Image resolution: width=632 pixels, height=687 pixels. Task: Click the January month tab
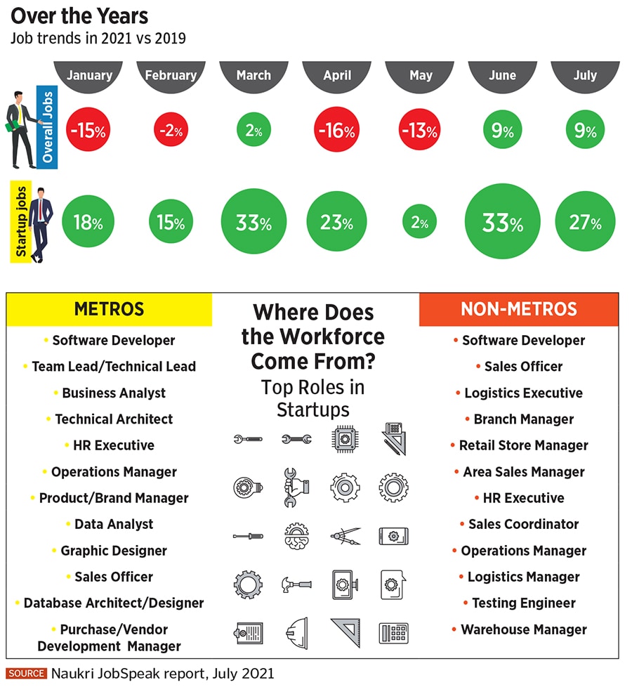[88, 75]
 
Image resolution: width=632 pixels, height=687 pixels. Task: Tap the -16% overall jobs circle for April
[337, 130]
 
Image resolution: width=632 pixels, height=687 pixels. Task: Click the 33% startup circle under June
[502, 223]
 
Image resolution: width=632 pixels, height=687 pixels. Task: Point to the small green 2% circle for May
[420, 223]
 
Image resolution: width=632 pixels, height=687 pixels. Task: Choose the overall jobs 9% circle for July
[585, 130]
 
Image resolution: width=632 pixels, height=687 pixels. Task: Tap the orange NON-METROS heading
[519, 309]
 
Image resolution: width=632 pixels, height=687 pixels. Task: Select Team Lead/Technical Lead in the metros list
[114, 367]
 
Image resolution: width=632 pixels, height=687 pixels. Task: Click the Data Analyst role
[114, 524]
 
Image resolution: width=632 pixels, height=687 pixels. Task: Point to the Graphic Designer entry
[114, 551]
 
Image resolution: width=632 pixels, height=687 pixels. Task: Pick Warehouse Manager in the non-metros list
[523, 629]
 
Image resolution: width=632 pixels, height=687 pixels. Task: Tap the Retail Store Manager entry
[523, 445]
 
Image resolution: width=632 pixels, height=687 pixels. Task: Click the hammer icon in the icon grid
[296, 583]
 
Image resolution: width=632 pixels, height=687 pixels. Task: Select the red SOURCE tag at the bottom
[26, 673]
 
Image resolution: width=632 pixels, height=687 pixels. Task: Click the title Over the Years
[79, 15]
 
